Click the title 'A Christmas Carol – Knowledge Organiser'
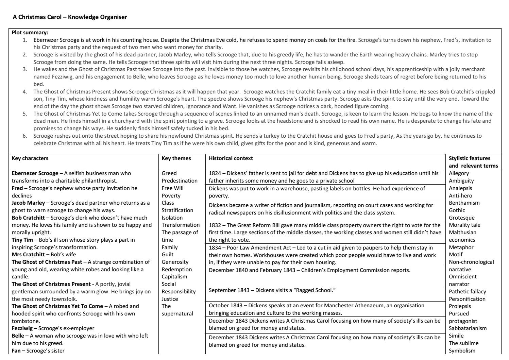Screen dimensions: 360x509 click(70, 17)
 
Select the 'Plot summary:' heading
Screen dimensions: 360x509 click(30, 33)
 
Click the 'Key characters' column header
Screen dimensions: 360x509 click(30, 158)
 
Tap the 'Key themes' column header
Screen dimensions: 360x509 click(176, 158)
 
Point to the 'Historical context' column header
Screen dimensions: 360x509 click(231, 158)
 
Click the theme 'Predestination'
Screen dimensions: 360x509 click(180, 181)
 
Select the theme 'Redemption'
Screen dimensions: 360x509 click(177, 270)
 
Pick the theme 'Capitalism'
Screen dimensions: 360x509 click(174, 277)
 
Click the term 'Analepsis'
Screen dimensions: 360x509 click(460, 188)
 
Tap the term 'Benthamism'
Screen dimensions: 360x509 click(464, 203)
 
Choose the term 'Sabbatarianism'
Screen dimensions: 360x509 click(468, 328)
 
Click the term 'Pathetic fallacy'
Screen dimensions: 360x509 click(467, 292)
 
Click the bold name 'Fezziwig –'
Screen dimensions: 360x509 click(24, 328)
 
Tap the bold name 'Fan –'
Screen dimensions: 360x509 click(18, 350)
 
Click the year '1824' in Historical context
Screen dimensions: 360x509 click(215, 173)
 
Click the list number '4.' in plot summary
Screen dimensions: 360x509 click(25, 92)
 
